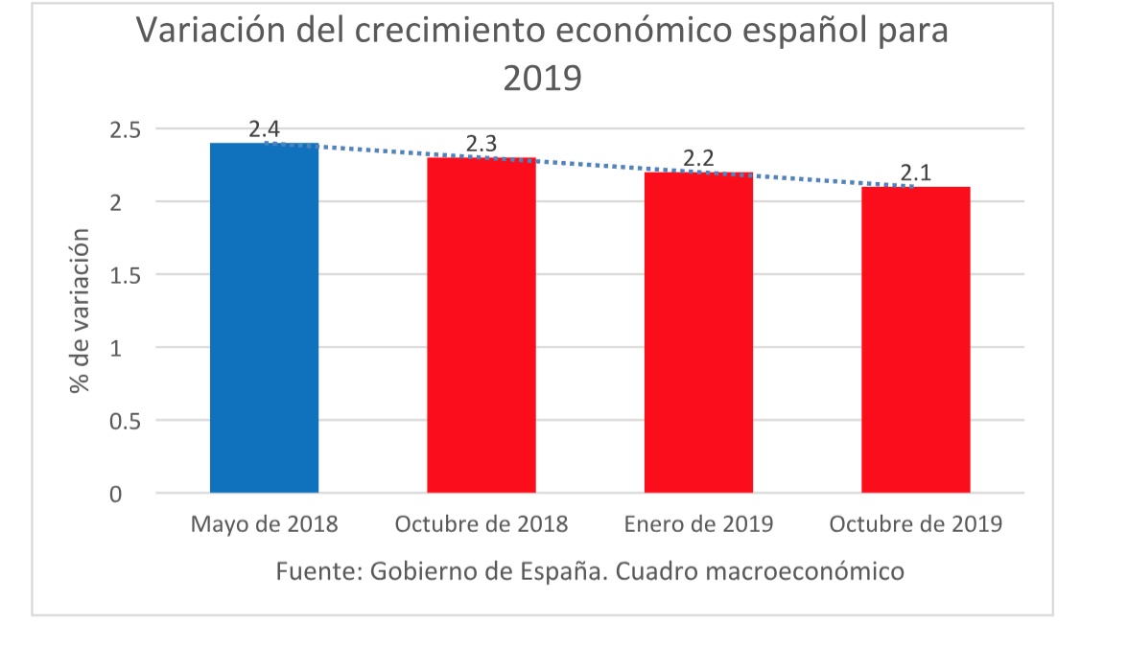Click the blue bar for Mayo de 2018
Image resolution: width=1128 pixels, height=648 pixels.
pos(264,318)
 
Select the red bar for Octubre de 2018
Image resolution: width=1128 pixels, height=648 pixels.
pos(481,326)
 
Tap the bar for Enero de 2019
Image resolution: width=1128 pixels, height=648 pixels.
pos(698,333)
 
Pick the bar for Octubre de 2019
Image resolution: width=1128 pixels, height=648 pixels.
pos(915,340)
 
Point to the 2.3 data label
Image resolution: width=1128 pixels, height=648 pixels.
pos(481,145)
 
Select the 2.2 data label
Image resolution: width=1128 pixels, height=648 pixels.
pos(698,159)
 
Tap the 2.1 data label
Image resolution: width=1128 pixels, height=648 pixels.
pos(915,174)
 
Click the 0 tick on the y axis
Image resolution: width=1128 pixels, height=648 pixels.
pos(115,495)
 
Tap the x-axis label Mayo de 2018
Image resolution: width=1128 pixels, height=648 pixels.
pos(264,525)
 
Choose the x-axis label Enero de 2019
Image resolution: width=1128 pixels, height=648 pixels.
pos(698,525)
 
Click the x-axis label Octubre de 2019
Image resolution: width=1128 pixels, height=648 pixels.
pos(915,525)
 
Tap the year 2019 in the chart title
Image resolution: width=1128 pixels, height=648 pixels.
pos(543,79)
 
